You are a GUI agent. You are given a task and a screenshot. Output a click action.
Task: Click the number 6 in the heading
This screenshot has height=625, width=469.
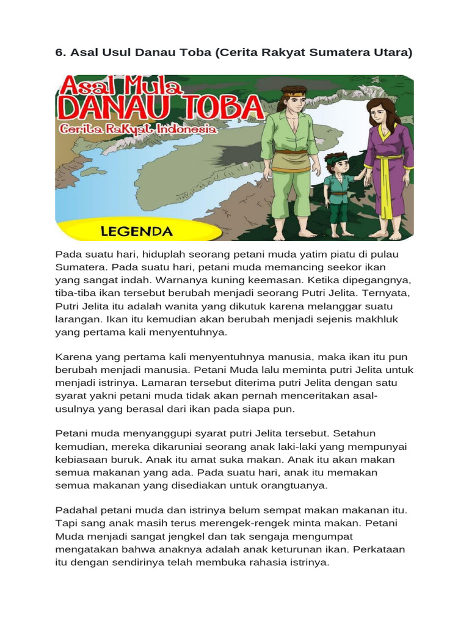[59, 52]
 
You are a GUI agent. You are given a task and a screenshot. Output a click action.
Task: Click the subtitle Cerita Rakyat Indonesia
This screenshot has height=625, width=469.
[138, 129]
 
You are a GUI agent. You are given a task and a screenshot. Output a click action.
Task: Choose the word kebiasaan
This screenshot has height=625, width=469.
[84, 460]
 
